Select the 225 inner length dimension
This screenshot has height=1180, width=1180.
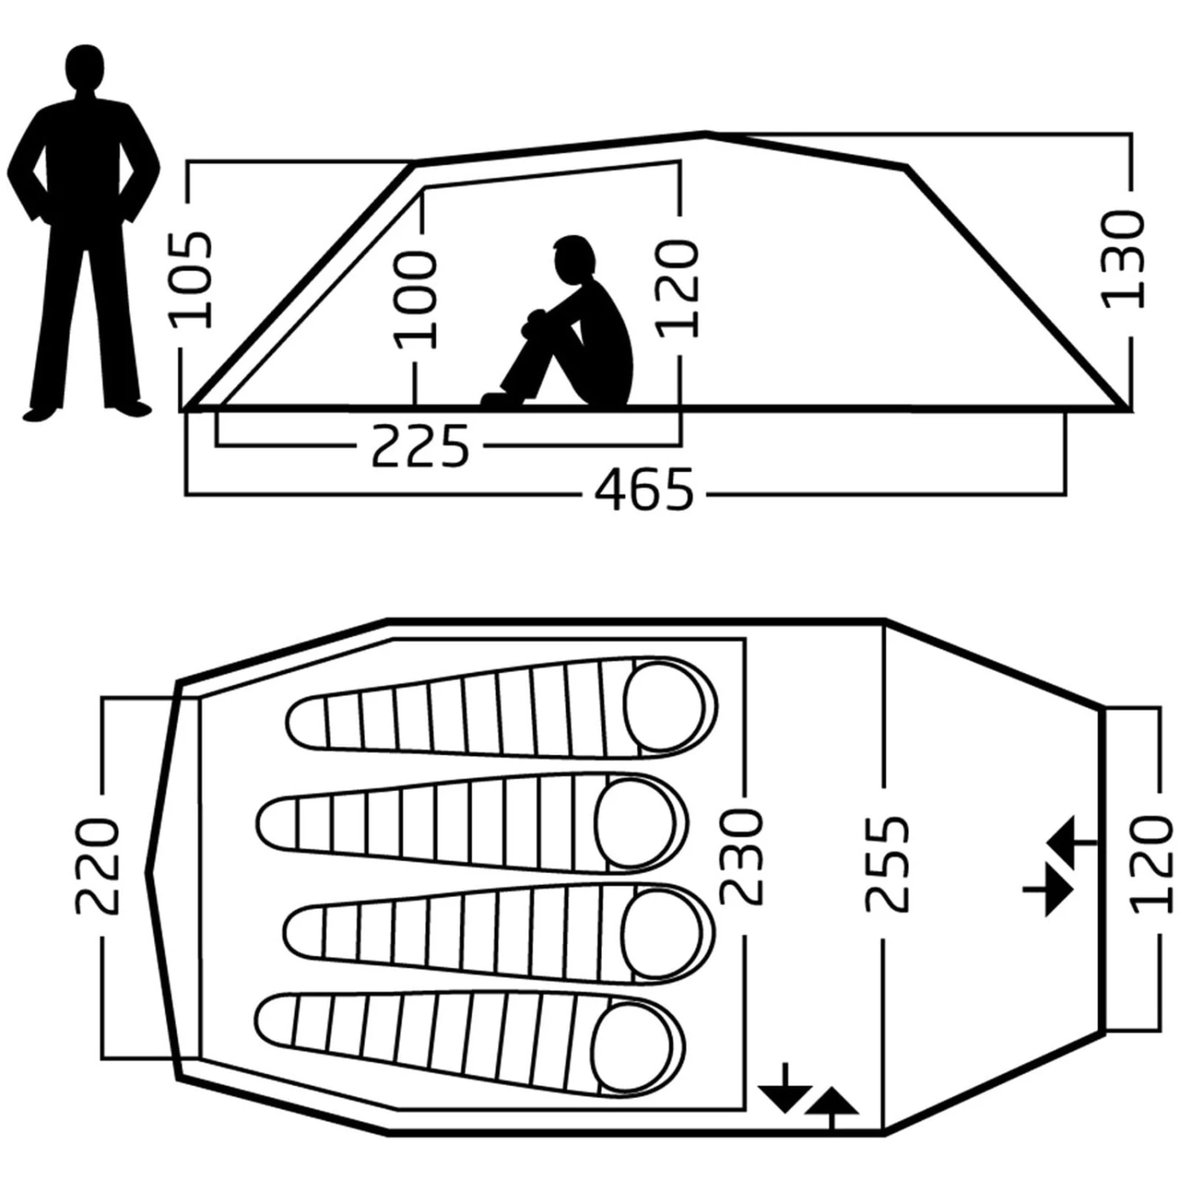point(419,446)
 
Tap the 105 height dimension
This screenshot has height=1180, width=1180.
point(190,279)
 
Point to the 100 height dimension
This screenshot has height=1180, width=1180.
point(415,299)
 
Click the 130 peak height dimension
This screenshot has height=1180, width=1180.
point(1122,260)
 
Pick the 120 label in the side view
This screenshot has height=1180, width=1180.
point(677,289)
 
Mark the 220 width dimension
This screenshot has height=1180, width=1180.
point(98,865)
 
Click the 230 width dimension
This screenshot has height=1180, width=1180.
point(741,857)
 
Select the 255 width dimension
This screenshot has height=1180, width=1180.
point(887,865)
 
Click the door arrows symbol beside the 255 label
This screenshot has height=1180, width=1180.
point(1058,865)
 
